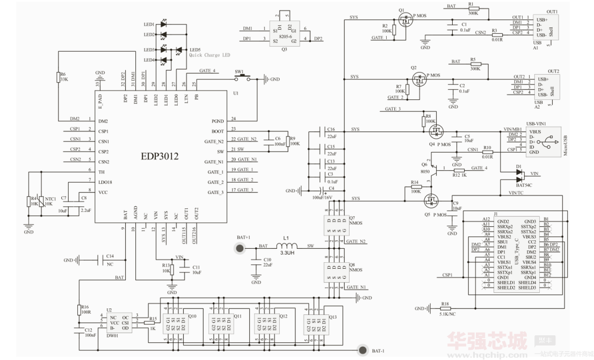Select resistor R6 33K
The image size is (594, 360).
point(57,77)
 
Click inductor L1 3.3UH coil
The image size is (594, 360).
point(287,247)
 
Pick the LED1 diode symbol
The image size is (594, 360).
point(164,25)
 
